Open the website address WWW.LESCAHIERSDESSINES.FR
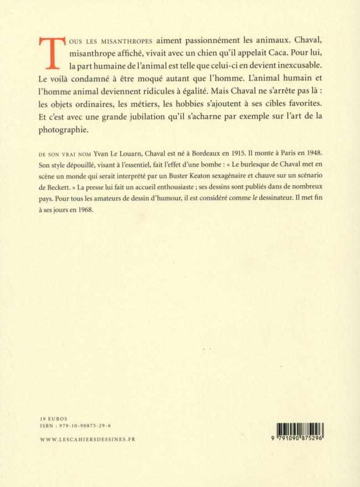[x=88, y=439]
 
